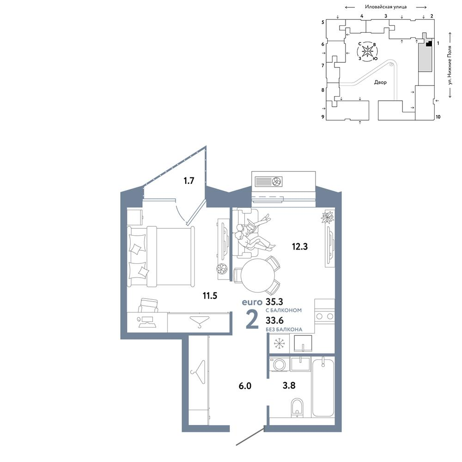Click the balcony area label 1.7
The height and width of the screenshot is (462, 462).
(x=188, y=180)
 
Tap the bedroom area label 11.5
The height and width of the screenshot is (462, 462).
(x=210, y=295)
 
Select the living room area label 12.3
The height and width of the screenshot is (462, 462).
(x=300, y=246)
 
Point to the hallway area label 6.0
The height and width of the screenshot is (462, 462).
(x=245, y=386)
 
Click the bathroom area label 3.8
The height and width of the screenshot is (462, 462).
(x=289, y=385)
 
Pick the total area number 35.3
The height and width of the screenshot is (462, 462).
(x=274, y=302)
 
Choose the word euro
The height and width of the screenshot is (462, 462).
(x=252, y=302)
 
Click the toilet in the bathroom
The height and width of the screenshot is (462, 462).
(x=297, y=408)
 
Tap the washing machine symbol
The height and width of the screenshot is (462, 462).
(x=279, y=365)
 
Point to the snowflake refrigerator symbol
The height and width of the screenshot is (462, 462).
(x=279, y=344)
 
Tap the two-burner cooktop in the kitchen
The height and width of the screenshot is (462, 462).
(x=324, y=316)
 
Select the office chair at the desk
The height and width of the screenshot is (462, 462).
(x=148, y=305)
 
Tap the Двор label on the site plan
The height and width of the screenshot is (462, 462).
(x=380, y=82)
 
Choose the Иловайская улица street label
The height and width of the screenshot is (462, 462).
(x=386, y=7)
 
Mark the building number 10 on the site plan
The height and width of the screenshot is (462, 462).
(x=438, y=117)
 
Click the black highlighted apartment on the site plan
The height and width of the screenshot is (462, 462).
(x=429, y=44)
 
